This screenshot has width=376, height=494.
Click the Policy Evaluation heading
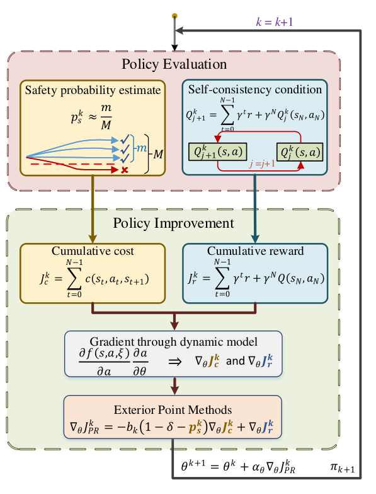[174, 64]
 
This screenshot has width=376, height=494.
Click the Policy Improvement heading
[174, 223]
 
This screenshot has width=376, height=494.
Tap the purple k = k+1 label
[275, 21]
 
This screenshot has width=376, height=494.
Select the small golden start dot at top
[174, 16]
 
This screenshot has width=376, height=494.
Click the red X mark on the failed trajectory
[125, 170]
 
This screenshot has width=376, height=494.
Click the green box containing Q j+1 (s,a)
[217, 152]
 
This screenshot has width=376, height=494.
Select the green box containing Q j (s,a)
[300, 152]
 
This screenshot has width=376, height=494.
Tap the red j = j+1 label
[262, 163]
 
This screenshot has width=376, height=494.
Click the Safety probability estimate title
[93, 90]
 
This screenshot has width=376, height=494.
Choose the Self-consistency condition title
[255, 90]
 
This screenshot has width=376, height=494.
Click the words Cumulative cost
[93, 250]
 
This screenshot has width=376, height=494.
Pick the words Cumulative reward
[255, 250]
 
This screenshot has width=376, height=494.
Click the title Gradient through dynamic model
[174, 341]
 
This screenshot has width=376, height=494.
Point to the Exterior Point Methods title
[173, 409]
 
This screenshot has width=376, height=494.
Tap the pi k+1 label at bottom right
[343, 468]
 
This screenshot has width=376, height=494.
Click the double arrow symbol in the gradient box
[175, 362]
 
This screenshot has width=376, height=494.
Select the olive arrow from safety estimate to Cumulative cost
[93, 209]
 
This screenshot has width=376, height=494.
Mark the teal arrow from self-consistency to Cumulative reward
[255, 209]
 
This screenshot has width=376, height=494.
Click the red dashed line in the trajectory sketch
[72, 164]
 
